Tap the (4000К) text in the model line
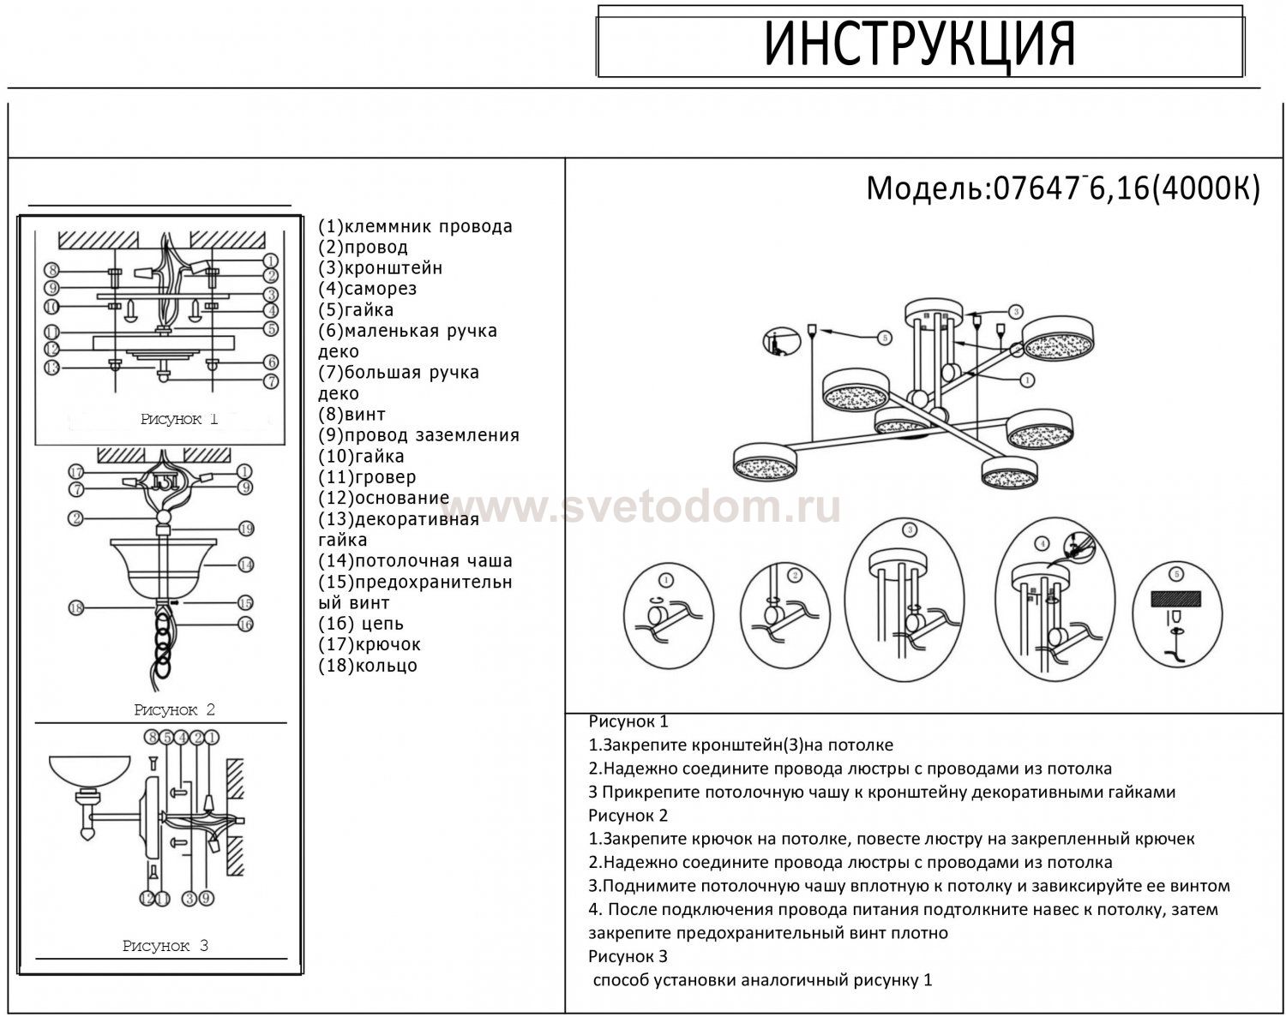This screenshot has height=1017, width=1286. tap(1205, 188)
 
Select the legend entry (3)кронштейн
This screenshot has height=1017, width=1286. tap(381, 267)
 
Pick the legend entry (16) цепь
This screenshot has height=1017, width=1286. tap(361, 624)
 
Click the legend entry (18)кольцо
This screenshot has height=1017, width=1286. tap(368, 665)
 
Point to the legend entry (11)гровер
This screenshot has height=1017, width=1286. tap(367, 477)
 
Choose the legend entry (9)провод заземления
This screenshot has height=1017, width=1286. tap(419, 435)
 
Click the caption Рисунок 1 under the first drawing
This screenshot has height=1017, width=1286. tap(179, 419)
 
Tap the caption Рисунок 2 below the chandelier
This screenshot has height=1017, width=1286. tap(174, 710)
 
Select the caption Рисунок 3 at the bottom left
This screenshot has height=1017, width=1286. tap(165, 945)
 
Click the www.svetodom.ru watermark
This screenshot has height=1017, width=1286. tap(648, 507)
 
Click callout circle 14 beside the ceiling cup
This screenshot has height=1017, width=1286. tap(246, 565)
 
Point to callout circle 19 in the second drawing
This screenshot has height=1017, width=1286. tap(247, 529)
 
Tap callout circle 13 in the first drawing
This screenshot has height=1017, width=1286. tap(52, 367)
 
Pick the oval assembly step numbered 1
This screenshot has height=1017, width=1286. tap(668, 616)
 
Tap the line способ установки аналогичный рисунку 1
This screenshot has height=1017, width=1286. tap(762, 980)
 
